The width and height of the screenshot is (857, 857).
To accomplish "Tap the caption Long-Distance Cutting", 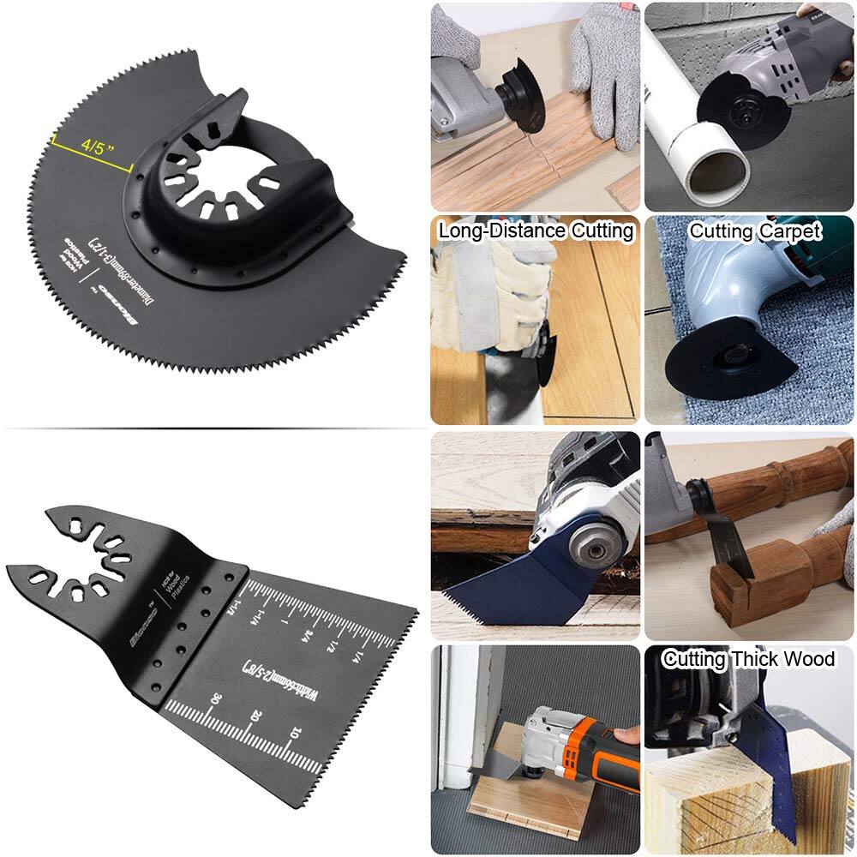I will [536, 231].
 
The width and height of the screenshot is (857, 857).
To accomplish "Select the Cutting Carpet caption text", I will [755, 231].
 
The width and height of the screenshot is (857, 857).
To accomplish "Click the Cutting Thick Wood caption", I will [749, 658].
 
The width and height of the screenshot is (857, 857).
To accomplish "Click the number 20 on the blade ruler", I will [249, 714].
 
